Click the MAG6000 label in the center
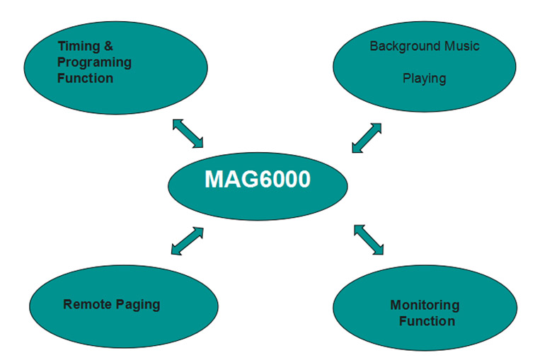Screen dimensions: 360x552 tap(257, 180)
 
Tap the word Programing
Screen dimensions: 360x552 tap(94, 62)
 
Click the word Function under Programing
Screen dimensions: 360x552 tap(85, 78)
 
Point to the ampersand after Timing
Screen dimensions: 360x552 tap(108, 47)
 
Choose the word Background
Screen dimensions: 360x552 tap(402, 47)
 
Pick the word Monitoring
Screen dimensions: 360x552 tap(425, 306)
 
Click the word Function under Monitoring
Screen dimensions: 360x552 tap(427, 321)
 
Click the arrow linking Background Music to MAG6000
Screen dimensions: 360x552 tap(367, 137)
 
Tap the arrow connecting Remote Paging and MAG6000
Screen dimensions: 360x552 tap(187, 240)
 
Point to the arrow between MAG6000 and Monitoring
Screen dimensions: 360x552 tap(368, 240)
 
